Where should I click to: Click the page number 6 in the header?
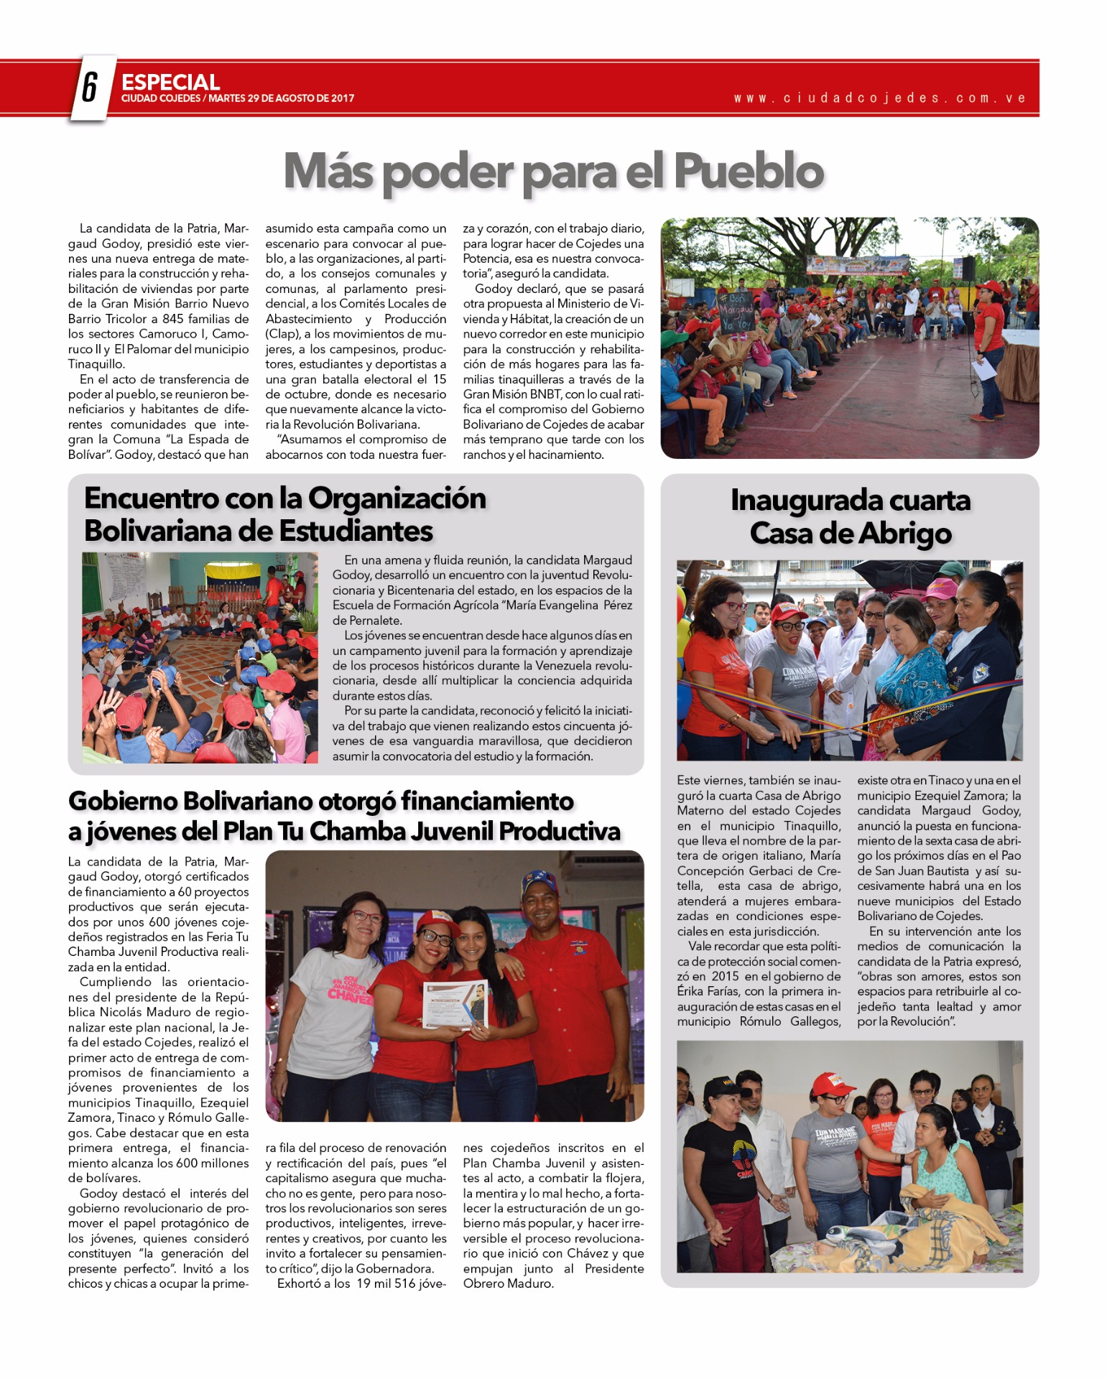pyautogui.click(x=90, y=88)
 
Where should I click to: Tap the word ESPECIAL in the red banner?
pyautogui.click(x=170, y=82)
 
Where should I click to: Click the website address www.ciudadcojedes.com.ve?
pyautogui.click(x=879, y=98)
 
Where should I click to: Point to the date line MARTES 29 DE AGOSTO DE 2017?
pyautogui.click(x=281, y=98)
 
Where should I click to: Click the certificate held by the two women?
pyautogui.click(x=454, y=1003)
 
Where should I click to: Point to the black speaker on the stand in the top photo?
pyautogui.click(x=968, y=267)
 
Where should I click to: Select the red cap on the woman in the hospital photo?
pyautogui.click(x=833, y=1082)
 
